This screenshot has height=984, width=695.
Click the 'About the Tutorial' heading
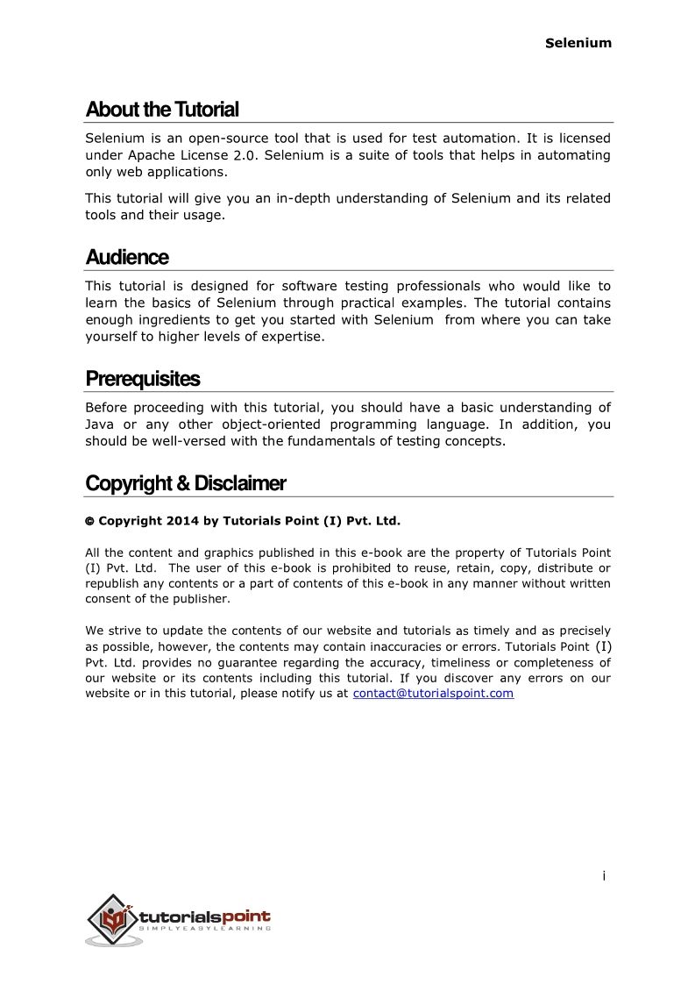tap(162, 110)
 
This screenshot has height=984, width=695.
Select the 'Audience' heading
tap(127, 258)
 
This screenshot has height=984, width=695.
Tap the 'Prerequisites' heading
tap(143, 379)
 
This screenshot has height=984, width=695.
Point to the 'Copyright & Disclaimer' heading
tap(186, 483)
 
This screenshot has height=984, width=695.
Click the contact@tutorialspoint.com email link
tap(433, 694)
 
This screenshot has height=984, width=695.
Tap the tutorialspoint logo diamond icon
tap(111, 919)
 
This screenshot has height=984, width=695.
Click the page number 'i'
tap(604, 875)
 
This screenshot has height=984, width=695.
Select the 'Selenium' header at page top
tap(578, 43)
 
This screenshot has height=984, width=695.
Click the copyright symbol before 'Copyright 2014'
tap(89, 522)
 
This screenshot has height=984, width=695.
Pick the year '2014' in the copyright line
tap(181, 521)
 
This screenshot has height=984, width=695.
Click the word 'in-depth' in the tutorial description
tap(303, 198)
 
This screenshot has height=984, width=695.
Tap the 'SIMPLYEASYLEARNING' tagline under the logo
tap(205, 928)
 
